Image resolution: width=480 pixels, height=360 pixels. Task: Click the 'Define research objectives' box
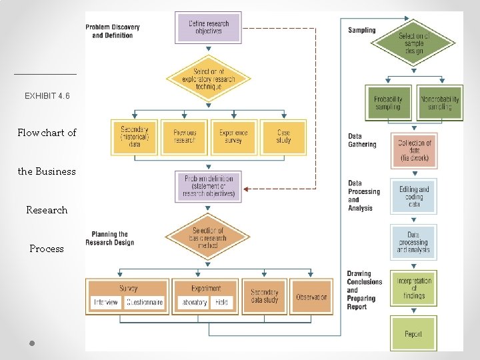(x=208, y=27)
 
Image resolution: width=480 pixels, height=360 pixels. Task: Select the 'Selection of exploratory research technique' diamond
(x=209, y=79)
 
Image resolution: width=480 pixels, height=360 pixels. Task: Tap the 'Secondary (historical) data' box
(x=135, y=137)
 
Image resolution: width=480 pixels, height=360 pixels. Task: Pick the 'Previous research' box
(x=184, y=137)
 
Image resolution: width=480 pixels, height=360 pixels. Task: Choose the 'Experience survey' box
(x=233, y=137)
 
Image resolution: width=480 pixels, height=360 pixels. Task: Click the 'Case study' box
(x=283, y=137)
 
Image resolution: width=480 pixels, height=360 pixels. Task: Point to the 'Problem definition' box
(x=208, y=187)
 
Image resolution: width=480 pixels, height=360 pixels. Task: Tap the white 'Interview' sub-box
(x=106, y=302)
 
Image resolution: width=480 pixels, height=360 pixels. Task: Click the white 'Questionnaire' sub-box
(x=144, y=302)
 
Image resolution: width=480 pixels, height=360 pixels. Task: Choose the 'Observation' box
(x=311, y=297)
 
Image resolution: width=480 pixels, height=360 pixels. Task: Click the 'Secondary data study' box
(x=265, y=297)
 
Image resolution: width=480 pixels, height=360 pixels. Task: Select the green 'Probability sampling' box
(x=388, y=103)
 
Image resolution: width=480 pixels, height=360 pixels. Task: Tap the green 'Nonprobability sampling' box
(x=440, y=103)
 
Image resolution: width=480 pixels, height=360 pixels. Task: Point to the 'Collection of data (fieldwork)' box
(x=414, y=151)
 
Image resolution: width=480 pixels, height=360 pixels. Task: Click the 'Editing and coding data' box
(x=414, y=197)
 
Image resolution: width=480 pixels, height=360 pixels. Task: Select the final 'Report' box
(x=413, y=333)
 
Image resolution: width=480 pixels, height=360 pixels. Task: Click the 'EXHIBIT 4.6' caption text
(x=47, y=96)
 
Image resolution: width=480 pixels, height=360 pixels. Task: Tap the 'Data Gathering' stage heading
(x=362, y=140)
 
